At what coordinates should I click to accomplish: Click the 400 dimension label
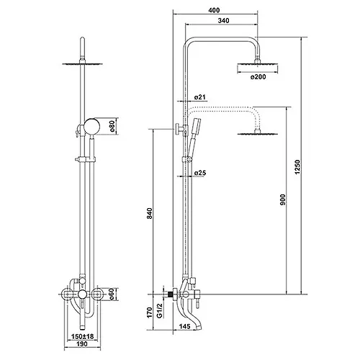[x=214, y=10]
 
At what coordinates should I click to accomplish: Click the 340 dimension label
[x=224, y=21]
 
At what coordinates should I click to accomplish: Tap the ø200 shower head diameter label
[x=258, y=77]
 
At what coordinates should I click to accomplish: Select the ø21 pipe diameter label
[x=199, y=97]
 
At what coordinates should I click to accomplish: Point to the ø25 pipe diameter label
[x=200, y=173]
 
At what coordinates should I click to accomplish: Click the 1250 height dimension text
[x=297, y=167]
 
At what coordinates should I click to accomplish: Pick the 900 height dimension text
[x=283, y=199]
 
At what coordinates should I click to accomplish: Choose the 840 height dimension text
[x=149, y=213]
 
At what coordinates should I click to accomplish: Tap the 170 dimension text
[x=149, y=312]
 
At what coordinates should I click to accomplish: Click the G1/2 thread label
[x=160, y=310]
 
